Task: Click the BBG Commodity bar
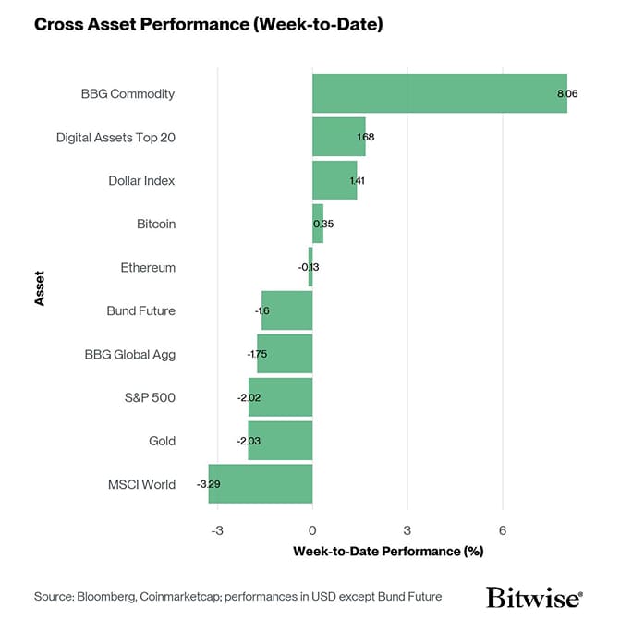coord(439,93)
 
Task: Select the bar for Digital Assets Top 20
coord(338,137)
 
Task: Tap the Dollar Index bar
coord(334,180)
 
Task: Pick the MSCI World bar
coord(261,484)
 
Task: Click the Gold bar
coord(280,441)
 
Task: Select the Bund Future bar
coord(286,310)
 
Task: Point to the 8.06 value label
coord(567,94)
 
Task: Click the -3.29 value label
coord(208,484)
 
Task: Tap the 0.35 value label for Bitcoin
coord(323,224)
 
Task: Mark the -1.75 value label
coord(257,354)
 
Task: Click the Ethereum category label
coord(148,268)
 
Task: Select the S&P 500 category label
coord(150,398)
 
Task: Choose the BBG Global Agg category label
coord(129,354)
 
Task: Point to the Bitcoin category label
coord(155,224)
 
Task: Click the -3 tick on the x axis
coord(217,530)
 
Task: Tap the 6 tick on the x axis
coord(502,530)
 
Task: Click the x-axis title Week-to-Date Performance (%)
coord(388,552)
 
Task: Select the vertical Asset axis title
coord(40,288)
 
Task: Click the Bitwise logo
coord(534,596)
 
